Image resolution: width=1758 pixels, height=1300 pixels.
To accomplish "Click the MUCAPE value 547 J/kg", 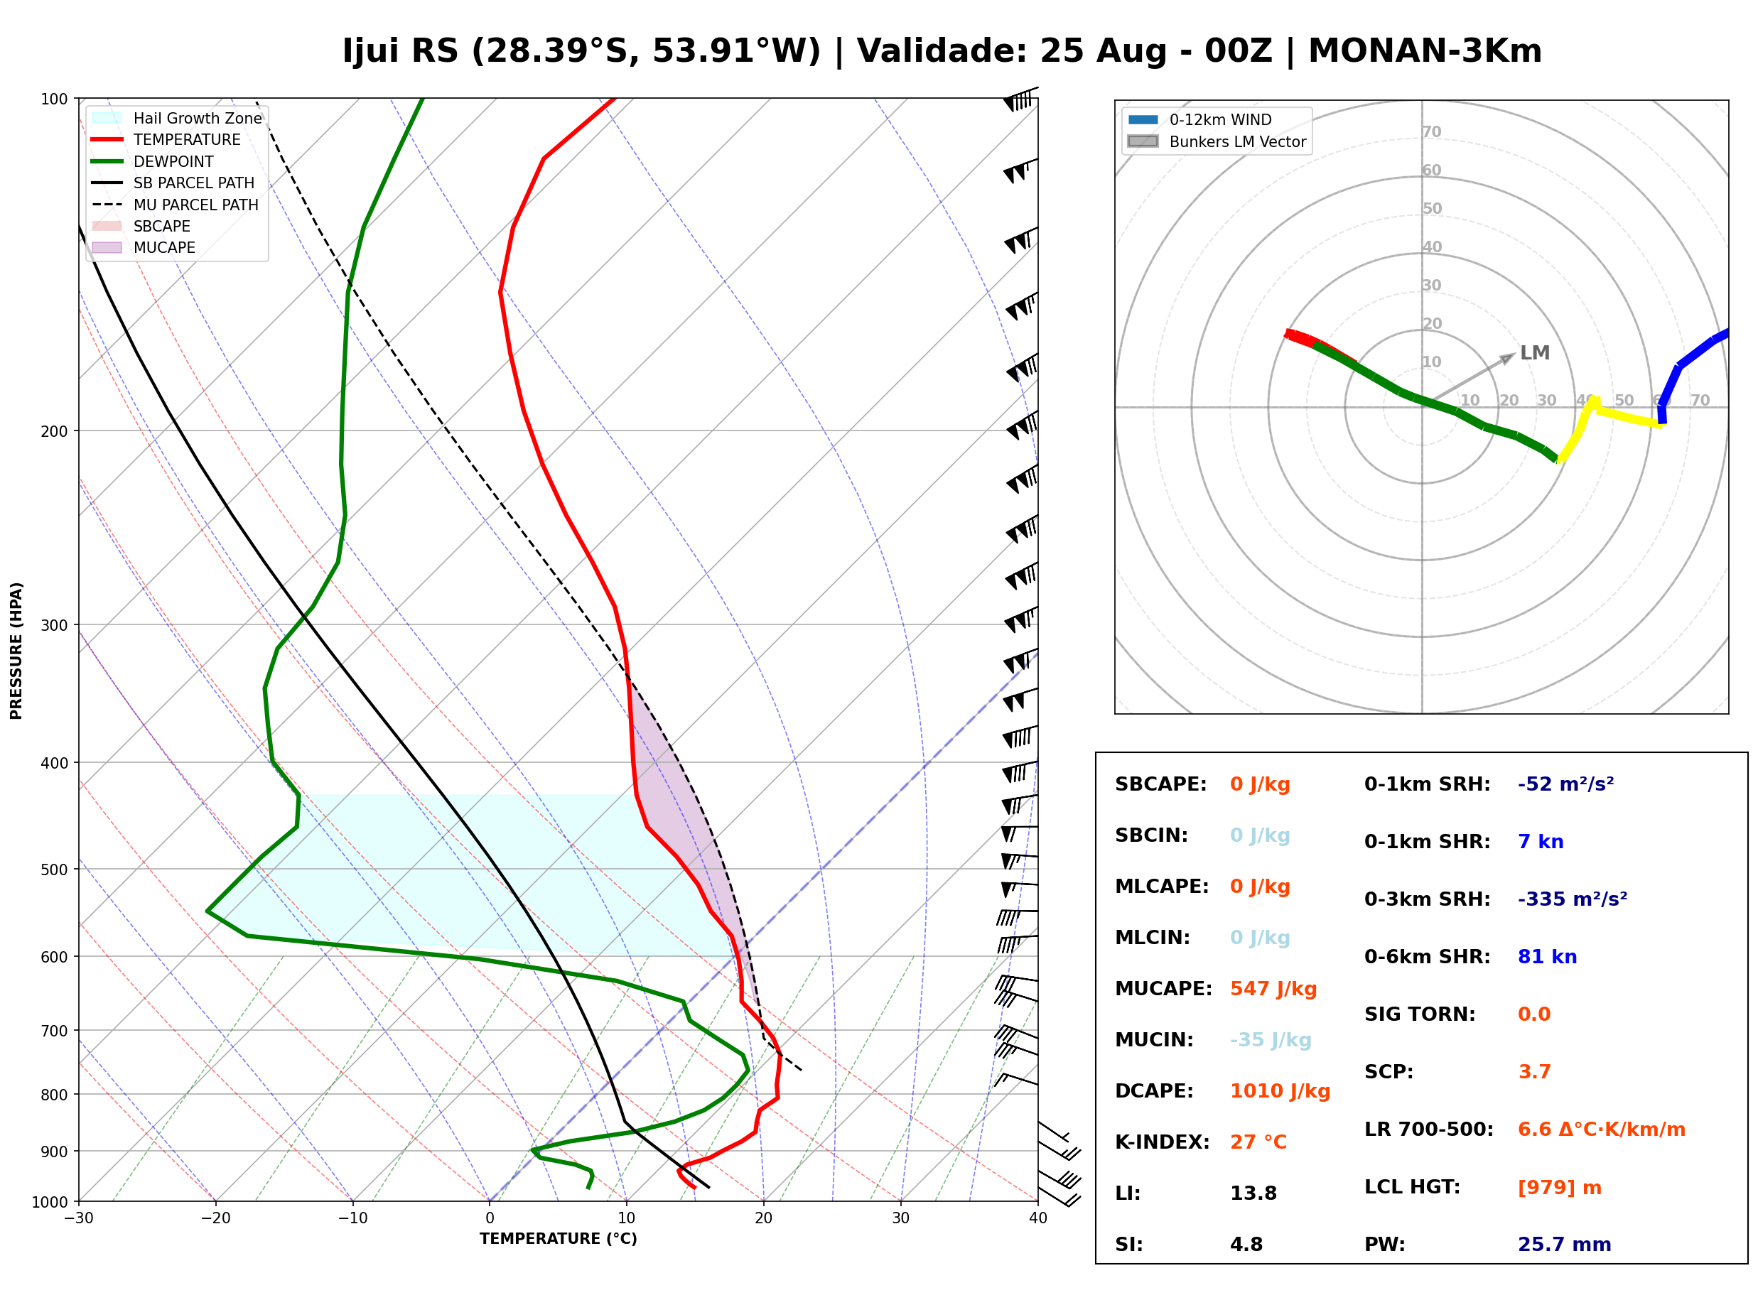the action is click(x=1273, y=989).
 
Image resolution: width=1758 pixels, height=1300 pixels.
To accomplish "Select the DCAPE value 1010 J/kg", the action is click(x=1280, y=1091).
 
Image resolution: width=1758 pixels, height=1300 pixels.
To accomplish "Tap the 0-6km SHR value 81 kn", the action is click(x=1547, y=957).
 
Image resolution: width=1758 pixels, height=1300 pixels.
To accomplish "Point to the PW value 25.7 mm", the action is click(x=1565, y=1245).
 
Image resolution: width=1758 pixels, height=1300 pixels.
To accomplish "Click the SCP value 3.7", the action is click(x=1534, y=1072).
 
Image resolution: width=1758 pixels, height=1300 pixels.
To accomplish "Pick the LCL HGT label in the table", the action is click(x=1412, y=1188).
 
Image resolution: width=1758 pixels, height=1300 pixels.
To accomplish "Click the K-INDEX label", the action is click(x=1163, y=1142).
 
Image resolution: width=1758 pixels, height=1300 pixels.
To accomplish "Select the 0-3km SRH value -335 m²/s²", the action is click(x=1573, y=899).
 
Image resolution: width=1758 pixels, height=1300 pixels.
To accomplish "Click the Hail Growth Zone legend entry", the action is click(x=177, y=118).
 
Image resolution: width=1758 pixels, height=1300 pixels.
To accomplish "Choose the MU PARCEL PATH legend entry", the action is click(x=176, y=205).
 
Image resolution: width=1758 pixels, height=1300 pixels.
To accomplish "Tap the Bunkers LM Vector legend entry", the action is click(x=1217, y=141).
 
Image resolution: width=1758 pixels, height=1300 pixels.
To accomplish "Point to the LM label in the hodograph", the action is click(x=1534, y=352).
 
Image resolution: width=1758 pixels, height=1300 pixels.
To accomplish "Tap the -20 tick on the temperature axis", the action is click(x=215, y=1219).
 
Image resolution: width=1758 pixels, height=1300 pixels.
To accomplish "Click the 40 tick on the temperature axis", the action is click(x=1038, y=1219).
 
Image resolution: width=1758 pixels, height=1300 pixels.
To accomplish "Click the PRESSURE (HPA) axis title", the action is click(x=16, y=651).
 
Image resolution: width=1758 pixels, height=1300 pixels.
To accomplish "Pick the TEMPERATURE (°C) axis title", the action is click(x=559, y=1240).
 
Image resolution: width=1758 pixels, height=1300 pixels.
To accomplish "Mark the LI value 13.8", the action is click(x=1253, y=1193).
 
